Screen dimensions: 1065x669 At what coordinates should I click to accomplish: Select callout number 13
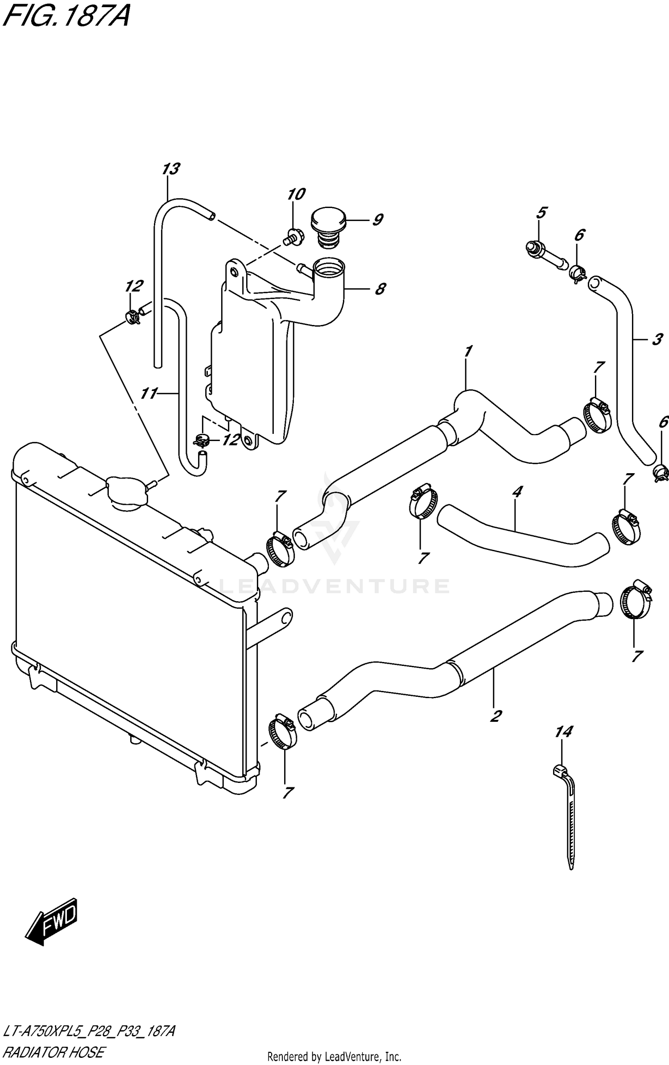[170, 169]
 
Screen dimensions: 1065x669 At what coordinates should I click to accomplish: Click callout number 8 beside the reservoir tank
[380, 289]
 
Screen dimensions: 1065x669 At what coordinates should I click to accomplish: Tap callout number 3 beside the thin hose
[657, 340]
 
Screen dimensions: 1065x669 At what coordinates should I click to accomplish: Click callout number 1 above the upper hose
[467, 352]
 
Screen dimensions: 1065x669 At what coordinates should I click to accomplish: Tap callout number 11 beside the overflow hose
[149, 393]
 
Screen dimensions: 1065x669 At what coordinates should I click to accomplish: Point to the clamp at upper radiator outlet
[280, 549]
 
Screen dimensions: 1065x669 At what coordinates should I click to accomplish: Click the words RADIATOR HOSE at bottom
[54, 1052]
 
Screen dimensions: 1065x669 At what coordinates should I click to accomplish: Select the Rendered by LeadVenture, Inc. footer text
[334, 1057]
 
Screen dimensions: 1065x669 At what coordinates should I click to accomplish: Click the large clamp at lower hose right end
[635, 601]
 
